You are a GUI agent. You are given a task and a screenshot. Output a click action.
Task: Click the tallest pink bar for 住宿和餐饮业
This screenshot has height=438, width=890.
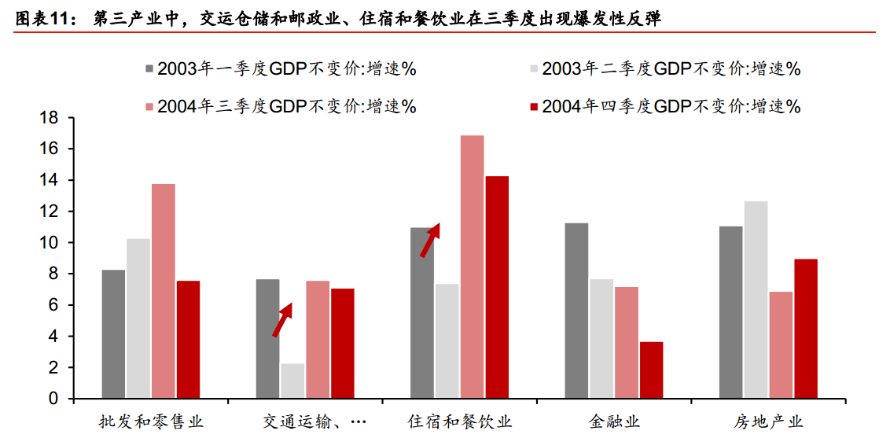pos(472,267)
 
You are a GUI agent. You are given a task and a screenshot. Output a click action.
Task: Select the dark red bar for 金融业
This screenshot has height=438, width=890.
pos(651,370)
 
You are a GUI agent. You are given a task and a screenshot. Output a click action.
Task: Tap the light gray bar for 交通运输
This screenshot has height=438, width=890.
pos(292,381)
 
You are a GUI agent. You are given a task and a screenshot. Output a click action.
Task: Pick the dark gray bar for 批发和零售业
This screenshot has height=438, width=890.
pos(113,334)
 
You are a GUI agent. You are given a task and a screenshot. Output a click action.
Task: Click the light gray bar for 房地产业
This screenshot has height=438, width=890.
pos(756,300)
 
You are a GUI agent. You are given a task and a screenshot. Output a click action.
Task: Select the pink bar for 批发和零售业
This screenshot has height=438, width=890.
pos(164,291)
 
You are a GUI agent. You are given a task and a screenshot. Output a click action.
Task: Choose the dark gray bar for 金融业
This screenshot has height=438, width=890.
pos(576,311)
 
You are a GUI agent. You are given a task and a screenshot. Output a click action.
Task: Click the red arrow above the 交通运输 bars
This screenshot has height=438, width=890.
pos(281,320)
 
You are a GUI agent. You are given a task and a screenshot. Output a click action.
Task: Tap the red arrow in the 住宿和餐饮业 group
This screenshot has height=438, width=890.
pos(429,240)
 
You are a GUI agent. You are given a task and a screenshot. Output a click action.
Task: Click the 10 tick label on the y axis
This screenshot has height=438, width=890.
pos(50,243)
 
